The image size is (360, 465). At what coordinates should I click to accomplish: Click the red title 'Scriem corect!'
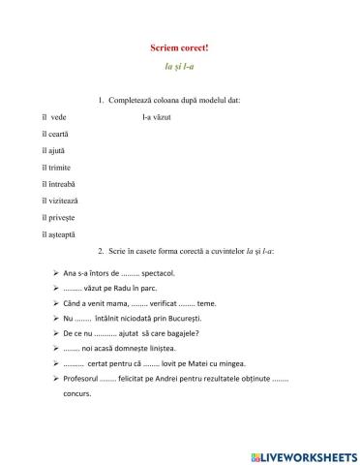click(x=180, y=47)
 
